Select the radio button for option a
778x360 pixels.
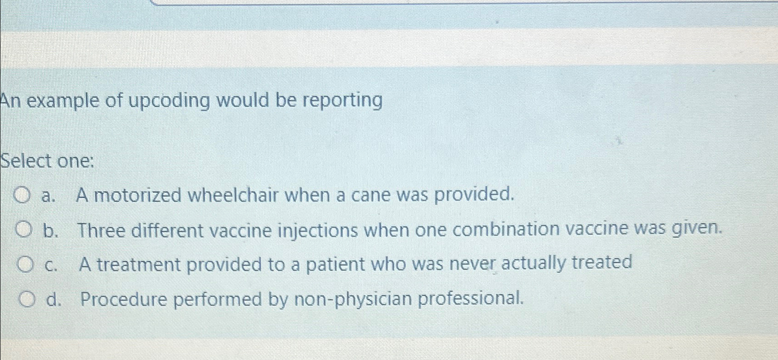pos(22,195)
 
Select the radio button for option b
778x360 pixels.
pos(24,230)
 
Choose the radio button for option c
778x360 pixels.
pos(26,265)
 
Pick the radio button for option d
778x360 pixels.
pos(27,300)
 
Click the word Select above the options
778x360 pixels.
pos(27,161)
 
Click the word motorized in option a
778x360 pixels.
pos(138,195)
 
